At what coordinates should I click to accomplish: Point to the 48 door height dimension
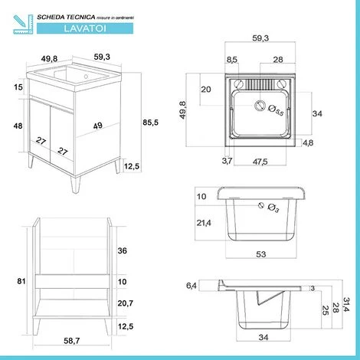(16, 126)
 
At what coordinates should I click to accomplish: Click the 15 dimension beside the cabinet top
(16, 87)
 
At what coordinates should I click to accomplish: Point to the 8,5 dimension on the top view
(231, 59)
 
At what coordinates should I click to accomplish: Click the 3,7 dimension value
(227, 161)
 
